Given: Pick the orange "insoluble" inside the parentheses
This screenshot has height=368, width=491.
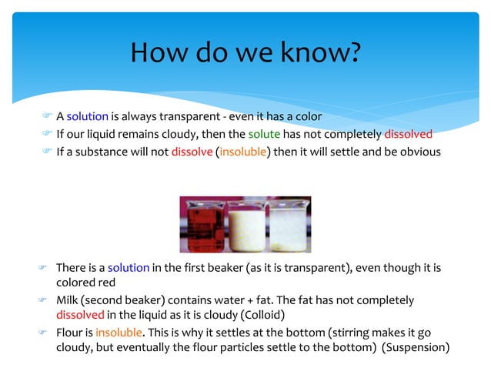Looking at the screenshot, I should pyautogui.click(x=242, y=151).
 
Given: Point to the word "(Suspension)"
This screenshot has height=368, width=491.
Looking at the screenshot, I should pyautogui.click(x=416, y=347).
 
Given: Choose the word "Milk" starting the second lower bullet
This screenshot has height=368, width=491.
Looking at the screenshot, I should pyautogui.click(x=68, y=299).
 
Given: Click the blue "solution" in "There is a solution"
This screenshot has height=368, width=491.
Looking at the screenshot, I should pyautogui.click(x=128, y=267).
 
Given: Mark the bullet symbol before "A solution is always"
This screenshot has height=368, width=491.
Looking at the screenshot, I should pyautogui.click(x=46, y=117).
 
